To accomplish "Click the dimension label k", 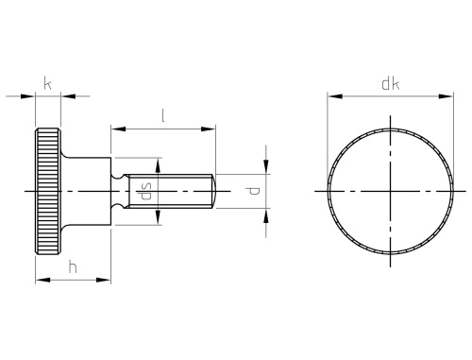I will (48, 83).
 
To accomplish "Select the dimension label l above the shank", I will (163, 116).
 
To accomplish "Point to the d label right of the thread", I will (251, 192).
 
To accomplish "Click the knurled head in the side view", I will (47, 191).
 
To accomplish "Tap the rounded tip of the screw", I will (217, 191).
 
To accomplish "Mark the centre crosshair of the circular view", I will (389, 191).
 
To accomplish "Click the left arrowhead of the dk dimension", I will (332, 95).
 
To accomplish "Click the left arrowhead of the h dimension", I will (40, 279).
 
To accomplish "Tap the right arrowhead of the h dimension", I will (107, 279).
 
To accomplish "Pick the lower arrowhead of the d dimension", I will (267, 214).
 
